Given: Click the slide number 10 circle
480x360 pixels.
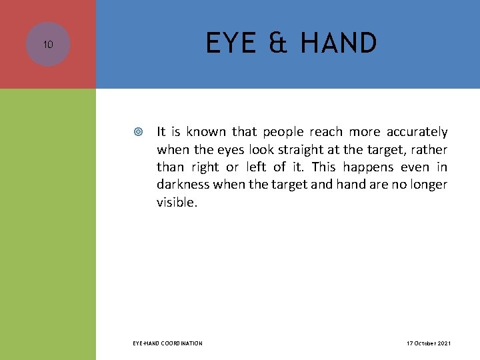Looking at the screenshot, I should pyautogui.click(x=48, y=45).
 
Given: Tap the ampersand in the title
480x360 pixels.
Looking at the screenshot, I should pyautogui.click(x=279, y=44).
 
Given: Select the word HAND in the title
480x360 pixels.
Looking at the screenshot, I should pyautogui.click(x=338, y=44).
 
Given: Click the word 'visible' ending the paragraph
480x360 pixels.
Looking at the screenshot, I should pyautogui.click(x=175, y=202).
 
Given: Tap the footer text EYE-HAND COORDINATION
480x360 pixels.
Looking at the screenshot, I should pyautogui.click(x=167, y=343).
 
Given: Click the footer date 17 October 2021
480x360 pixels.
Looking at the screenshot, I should pyautogui.click(x=429, y=343).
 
